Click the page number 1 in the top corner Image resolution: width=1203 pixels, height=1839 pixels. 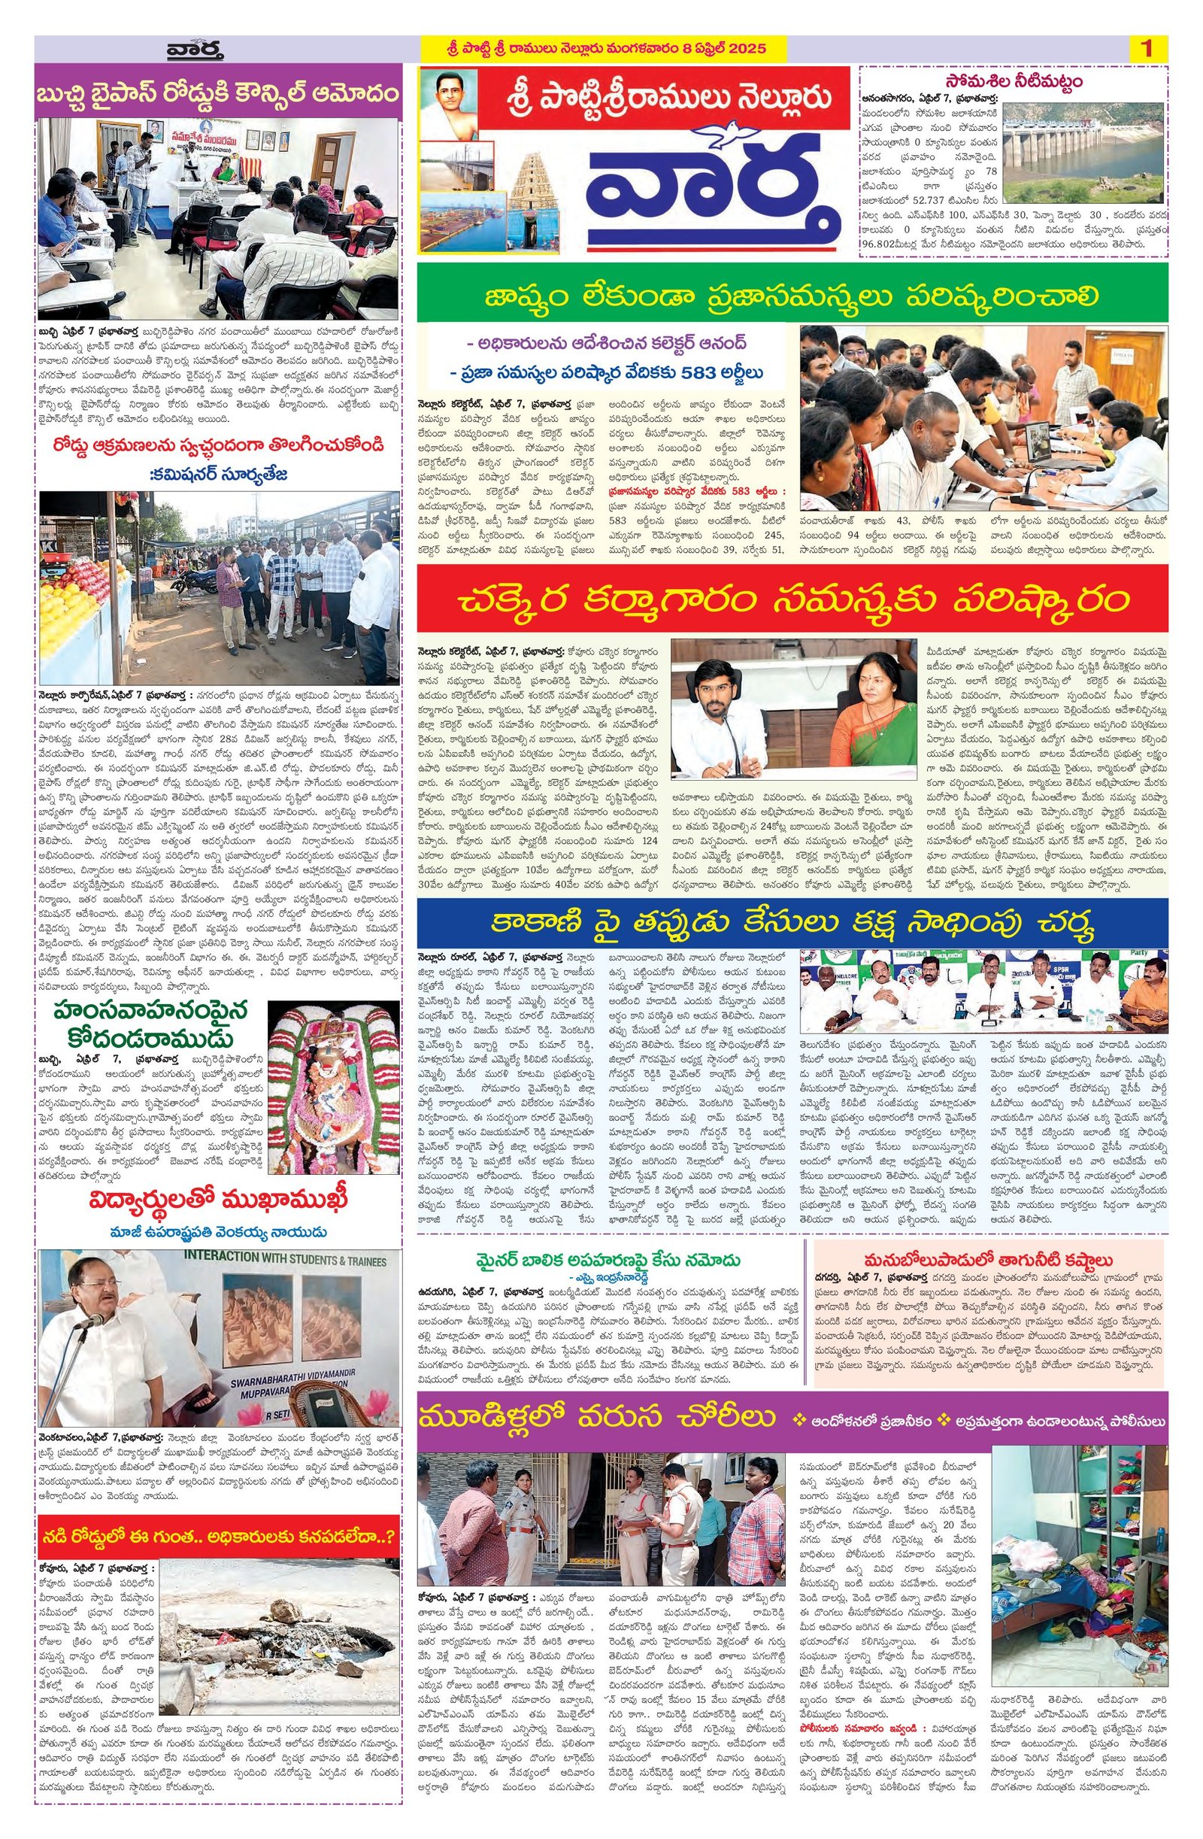(x=1146, y=49)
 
